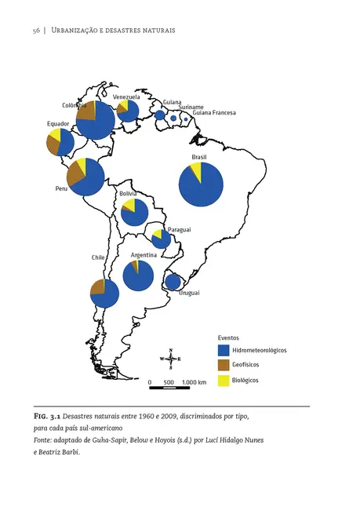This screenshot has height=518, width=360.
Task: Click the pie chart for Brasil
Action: [200, 184]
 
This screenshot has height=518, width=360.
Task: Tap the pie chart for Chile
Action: [104, 293]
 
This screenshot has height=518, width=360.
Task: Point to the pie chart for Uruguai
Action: [173, 281]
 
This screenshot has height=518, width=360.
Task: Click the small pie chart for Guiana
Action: [160, 115]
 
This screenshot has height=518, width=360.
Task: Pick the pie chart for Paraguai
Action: [161, 239]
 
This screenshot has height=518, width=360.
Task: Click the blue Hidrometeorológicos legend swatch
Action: [224, 350]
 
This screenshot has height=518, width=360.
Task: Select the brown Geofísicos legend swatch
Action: [224, 365]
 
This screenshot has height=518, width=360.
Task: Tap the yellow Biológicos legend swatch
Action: [224, 380]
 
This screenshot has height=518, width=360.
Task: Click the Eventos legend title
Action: [228, 337]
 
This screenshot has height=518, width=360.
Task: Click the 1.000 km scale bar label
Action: [193, 382]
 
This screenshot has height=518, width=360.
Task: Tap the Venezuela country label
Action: [126, 97]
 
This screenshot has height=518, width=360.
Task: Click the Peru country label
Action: [61, 189]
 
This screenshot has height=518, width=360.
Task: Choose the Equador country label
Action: [58, 124]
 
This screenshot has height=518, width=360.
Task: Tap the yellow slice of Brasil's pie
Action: [196, 171]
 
